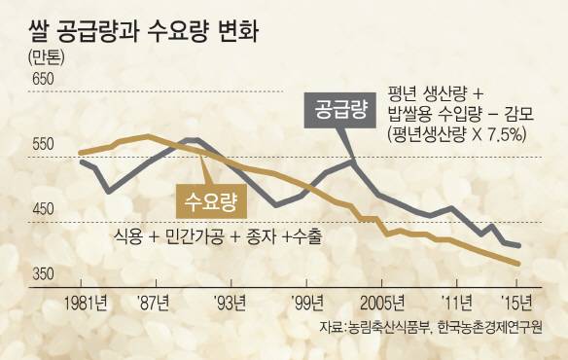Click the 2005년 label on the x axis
[x=379, y=299]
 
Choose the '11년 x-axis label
[x=457, y=299]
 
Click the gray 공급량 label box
[x=339, y=108]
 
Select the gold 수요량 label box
[x=211, y=201]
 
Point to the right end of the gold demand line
[x=518, y=264]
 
